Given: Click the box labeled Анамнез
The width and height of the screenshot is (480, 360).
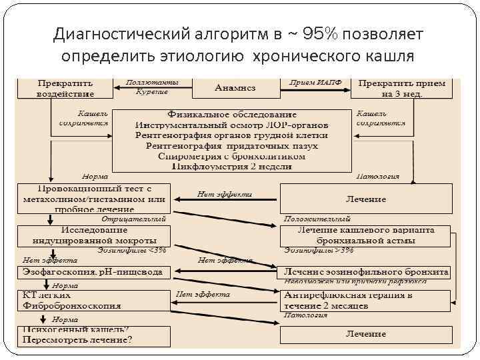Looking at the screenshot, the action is coord(235,87).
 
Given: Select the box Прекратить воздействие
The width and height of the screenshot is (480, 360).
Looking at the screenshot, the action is coord(65,88).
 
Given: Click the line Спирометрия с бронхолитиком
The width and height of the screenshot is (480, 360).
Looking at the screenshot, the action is coord(232,156).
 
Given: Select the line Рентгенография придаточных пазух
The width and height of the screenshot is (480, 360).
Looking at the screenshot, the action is coord(232,145).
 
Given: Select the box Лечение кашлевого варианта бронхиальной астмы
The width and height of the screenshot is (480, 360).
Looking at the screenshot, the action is coord(366,234).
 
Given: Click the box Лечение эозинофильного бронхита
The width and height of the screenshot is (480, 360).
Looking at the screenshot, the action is coord(366,272).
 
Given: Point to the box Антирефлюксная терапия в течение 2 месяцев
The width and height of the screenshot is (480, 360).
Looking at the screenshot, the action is coord(366,301).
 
